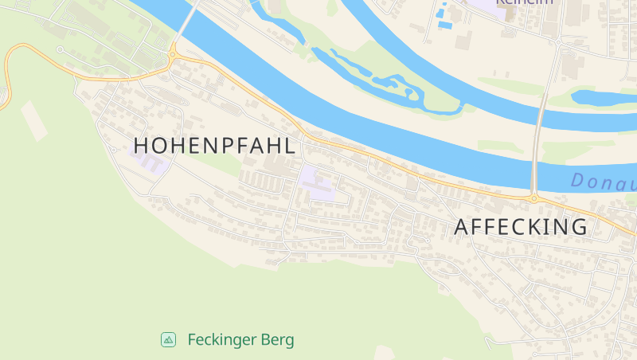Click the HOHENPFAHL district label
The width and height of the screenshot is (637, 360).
point(215,146)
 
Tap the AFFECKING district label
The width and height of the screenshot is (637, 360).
point(521,227)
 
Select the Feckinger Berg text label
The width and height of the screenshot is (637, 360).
point(240,340)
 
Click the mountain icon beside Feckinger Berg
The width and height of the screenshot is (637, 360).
point(168,340)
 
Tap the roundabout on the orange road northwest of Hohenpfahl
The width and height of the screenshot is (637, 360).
point(172,54)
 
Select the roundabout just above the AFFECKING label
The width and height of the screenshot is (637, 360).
point(533,198)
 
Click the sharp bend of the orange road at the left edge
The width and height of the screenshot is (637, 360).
point(7,64)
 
